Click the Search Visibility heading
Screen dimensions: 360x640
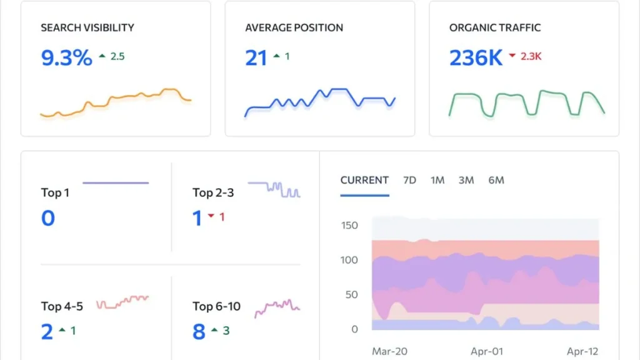pyautogui.click(x=87, y=28)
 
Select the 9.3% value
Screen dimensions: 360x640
pyautogui.click(x=66, y=58)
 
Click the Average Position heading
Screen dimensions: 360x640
pyautogui.click(x=294, y=28)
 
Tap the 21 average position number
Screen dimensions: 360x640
pyautogui.click(x=256, y=58)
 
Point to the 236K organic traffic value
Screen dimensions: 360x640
pyautogui.click(x=476, y=58)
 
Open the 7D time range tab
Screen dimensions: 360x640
pyautogui.click(x=409, y=180)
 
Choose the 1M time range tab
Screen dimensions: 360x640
pyautogui.click(x=437, y=180)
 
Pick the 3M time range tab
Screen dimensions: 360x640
pyautogui.click(x=466, y=180)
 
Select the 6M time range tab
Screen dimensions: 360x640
pyautogui.click(x=496, y=180)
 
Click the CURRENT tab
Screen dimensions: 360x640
pyautogui.click(x=364, y=180)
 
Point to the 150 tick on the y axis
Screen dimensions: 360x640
pyautogui.click(x=349, y=226)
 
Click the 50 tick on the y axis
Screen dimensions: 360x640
pyautogui.click(x=352, y=294)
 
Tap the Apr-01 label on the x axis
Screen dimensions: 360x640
pyautogui.click(x=486, y=352)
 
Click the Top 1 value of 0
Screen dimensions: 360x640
pyautogui.click(x=48, y=219)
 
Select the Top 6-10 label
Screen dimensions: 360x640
pyautogui.click(x=216, y=306)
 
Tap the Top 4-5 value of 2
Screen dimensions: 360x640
pyautogui.click(x=47, y=332)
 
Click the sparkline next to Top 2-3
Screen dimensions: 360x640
pyautogui.click(x=274, y=189)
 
